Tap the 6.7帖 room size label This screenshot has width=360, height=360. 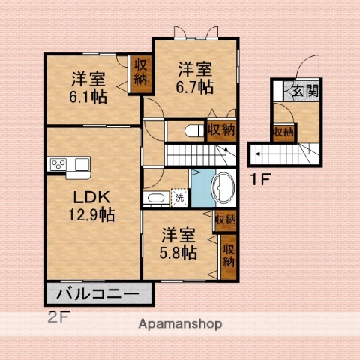tap(194, 86)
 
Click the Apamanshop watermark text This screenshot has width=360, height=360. tap(179, 325)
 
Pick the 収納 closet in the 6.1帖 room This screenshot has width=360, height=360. tap(141, 74)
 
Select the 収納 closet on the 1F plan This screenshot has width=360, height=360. tap(283, 133)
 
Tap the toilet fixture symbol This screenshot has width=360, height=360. tap(193, 131)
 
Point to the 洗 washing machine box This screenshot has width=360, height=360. tap(179, 199)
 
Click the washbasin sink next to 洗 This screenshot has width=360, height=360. tap(155, 199)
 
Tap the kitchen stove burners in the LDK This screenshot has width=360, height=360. tap(58, 165)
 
